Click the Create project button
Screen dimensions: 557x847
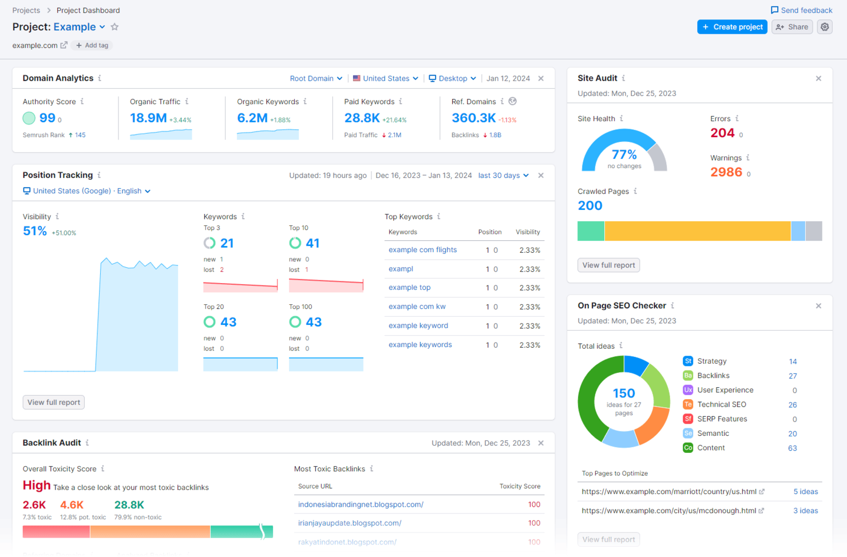click(732, 27)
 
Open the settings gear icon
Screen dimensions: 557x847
click(825, 27)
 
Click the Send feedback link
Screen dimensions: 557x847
click(801, 10)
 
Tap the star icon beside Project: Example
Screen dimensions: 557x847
click(114, 27)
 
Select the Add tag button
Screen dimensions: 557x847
click(92, 45)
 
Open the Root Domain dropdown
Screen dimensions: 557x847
click(316, 78)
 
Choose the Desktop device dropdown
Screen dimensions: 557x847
click(452, 78)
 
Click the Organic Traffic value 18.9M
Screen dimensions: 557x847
click(148, 118)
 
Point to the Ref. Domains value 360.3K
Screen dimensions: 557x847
click(473, 118)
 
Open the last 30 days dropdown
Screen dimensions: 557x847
click(503, 176)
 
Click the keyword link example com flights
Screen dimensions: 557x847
click(422, 250)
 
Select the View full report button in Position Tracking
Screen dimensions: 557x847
click(54, 403)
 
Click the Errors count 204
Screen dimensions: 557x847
click(722, 133)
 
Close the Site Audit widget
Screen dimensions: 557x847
click(818, 78)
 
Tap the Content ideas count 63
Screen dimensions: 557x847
click(792, 448)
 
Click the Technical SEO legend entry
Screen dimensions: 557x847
click(721, 405)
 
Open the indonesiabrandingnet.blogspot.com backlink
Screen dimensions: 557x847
click(361, 504)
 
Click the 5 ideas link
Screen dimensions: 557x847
click(805, 492)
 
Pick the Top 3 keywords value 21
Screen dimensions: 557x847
click(227, 244)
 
